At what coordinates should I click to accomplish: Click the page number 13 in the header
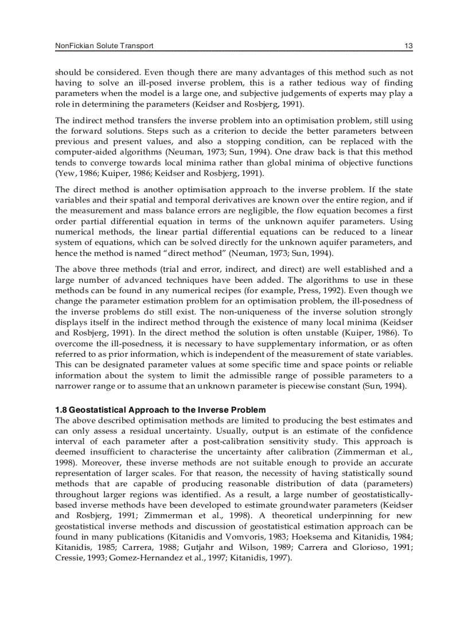(408, 46)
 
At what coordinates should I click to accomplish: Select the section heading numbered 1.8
(160, 410)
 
